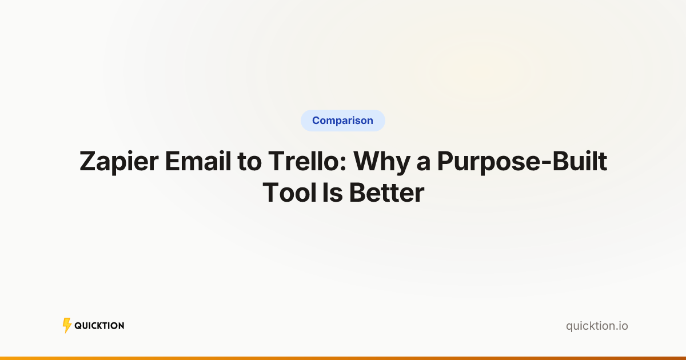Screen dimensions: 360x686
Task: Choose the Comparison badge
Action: point(343,121)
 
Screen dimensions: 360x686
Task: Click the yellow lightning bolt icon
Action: point(67,326)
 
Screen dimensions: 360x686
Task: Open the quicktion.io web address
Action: point(597,326)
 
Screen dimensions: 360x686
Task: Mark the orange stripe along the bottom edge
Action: point(343,358)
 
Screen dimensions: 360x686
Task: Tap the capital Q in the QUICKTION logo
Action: point(78,326)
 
